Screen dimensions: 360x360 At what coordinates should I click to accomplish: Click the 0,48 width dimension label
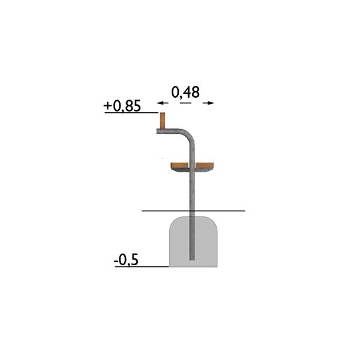(185, 92)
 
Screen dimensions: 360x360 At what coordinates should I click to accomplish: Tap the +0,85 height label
(122, 106)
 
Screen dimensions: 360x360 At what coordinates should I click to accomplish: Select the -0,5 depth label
(126, 260)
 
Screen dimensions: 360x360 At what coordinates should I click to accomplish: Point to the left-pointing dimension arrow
(163, 103)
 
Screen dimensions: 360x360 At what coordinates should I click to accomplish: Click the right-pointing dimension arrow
(208, 103)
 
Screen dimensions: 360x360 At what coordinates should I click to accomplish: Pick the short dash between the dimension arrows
(185, 103)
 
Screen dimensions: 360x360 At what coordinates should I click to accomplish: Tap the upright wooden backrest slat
(163, 121)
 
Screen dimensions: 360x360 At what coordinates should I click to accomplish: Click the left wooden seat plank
(180, 166)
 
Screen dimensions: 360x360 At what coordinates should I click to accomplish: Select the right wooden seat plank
(205, 166)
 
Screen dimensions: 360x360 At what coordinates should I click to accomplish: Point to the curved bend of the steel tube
(189, 135)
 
